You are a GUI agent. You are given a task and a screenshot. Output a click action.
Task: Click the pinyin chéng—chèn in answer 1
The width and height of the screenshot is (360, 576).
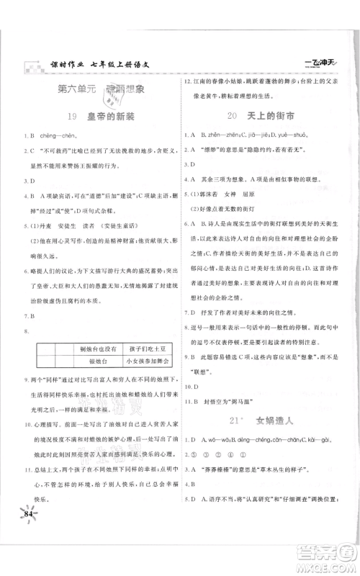pyautogui.click(x=55, y=135)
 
